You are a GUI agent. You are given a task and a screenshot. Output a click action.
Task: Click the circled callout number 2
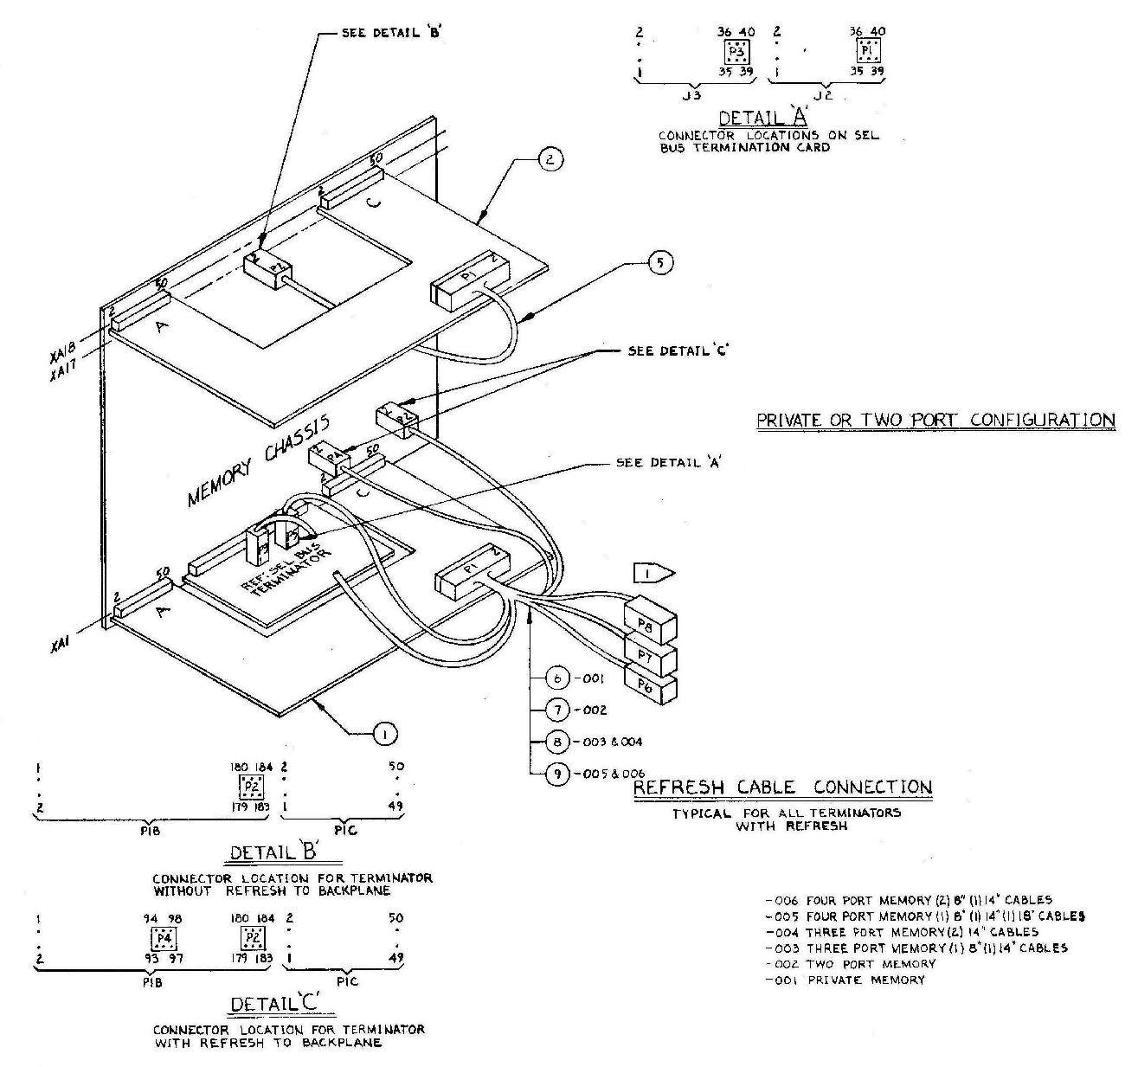tap(550, 159)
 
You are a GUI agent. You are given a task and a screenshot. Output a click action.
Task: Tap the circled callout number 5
tap(659, 262)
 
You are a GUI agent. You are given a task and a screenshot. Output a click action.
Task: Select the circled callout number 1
tap(383, 734)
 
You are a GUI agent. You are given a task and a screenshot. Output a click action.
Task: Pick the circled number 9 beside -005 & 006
tap(557, 773)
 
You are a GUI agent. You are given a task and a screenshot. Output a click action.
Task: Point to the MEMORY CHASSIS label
tap(259, 460)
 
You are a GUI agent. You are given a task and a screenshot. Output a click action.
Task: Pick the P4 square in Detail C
tap(162, 937)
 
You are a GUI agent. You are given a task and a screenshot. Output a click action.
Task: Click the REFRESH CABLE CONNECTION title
tap(783, 787)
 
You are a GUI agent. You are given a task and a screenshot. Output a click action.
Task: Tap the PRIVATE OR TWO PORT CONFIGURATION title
tap(935, 421)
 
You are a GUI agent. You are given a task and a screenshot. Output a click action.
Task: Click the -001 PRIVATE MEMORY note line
tap(845, 980)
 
